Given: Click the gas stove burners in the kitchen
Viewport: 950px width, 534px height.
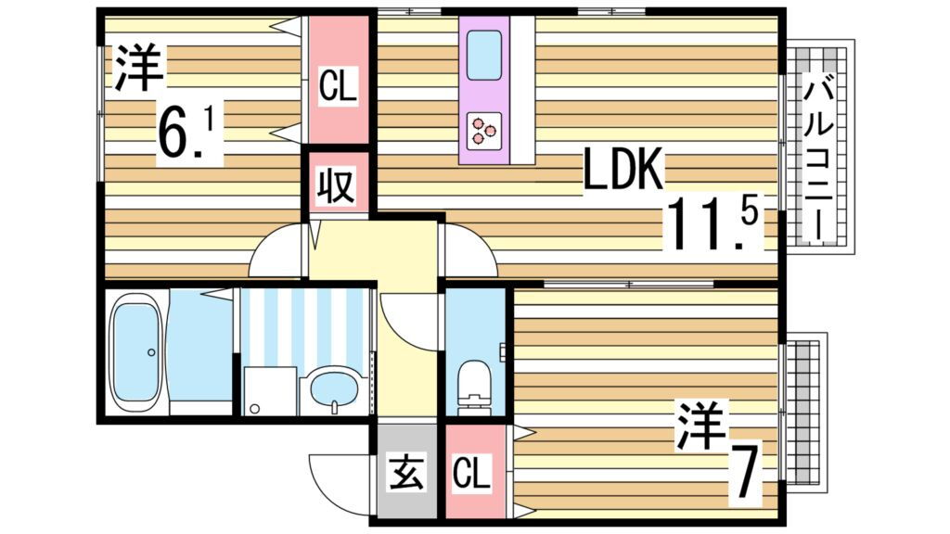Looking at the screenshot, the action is click(x=484, y=131).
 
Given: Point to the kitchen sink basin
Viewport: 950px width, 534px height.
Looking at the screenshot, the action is click(x=484, y=55).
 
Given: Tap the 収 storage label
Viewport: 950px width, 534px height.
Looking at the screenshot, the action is click(x=336, y=186).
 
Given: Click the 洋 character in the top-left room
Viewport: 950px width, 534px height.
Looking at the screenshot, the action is click(x=138, y=67).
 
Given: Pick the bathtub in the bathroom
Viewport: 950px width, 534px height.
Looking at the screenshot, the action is click(x=135, y=351).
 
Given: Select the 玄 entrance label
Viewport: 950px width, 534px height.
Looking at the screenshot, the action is click(x=406, y=472).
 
